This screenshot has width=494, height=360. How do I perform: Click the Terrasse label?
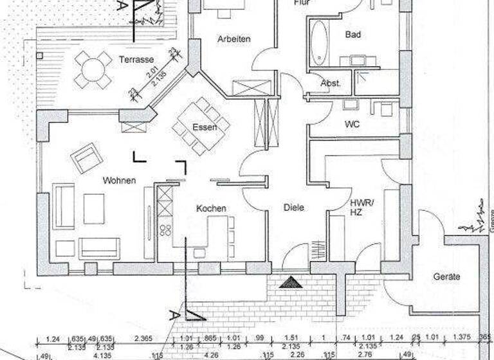pyautogui.click(x=136, y=60)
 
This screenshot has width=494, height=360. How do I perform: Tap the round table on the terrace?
pyautogui.click(x=93, y=69)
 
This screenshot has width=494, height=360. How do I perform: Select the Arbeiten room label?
pyautogui.click(x=233, y=39)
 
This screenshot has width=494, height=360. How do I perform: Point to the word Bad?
pyautogui.click(x=352, y=34)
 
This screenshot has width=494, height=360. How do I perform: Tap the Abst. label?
pyautogui.click(x=331, y=84)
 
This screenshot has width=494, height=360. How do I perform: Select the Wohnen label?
pyautogui.click(x=119, y=181)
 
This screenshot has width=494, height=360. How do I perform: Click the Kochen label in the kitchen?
pyautogui.click(x=211, y=208)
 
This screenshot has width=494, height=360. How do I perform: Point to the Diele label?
pyautogui.click(x=293, y=208)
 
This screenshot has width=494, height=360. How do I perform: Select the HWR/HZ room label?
pyautogui.click(x=358, y=206)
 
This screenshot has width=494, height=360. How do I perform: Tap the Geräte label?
pyautogui.click(x=446, y=276)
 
